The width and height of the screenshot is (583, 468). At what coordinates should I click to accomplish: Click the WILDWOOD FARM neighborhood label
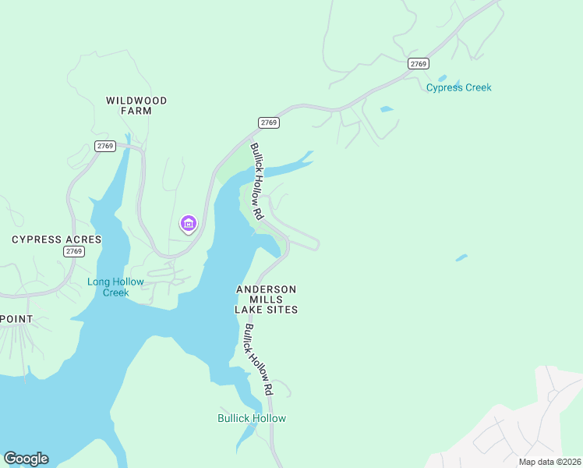click(136, 105)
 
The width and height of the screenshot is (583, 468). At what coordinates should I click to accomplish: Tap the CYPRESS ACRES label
click(57, 239)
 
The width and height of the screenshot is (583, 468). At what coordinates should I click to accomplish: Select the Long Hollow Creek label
click(115, 287)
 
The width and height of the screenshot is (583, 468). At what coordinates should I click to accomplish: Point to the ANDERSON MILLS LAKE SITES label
click(266, 300)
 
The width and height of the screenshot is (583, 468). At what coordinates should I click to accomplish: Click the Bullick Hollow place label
click(251, 418)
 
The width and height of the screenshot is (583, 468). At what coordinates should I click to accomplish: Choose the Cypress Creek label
click(458, 87)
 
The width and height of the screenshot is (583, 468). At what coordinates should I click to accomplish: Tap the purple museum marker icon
click(188, 225)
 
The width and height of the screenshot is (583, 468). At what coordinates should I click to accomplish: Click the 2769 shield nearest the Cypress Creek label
click(419, 64)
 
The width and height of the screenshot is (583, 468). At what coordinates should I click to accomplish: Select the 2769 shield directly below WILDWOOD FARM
click(104, 146)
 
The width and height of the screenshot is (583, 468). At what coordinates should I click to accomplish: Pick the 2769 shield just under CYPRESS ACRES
click(74, 251)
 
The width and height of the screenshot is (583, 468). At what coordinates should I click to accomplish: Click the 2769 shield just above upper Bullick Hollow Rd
click(269, 122)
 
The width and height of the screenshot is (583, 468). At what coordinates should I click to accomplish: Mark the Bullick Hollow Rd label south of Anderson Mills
click(256, 359)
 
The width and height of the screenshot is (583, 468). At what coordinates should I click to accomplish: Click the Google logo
click(26, 459)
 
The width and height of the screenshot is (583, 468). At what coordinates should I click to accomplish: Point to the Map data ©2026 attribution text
click(549, 462)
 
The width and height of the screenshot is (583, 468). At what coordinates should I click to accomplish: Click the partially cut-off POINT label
click(16, 319)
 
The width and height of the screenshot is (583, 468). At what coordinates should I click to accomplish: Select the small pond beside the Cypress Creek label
click(442, 79)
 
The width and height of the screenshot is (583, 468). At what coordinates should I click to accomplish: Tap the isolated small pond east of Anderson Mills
click(461, 257)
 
